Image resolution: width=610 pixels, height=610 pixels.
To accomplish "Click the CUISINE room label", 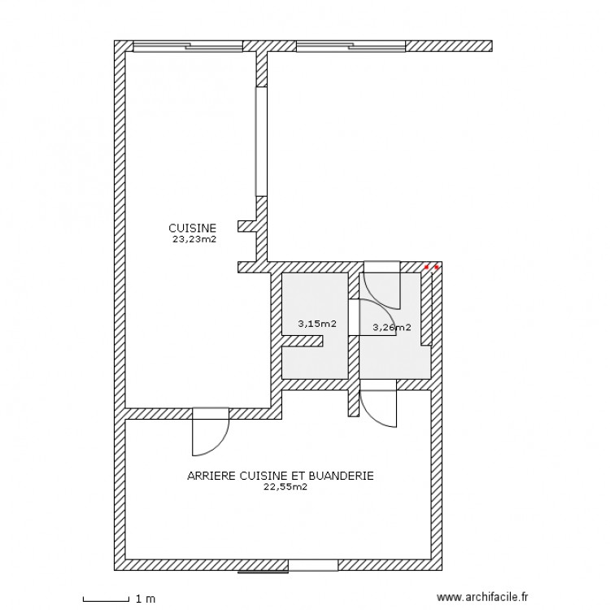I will coord(192,229).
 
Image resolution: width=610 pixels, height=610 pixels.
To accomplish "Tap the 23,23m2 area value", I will coord(194,240).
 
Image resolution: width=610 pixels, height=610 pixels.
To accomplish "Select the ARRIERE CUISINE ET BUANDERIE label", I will coord(280,477).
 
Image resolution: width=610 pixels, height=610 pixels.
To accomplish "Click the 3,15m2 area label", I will coord(317,324).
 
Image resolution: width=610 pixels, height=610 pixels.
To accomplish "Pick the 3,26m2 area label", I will coord(391,328).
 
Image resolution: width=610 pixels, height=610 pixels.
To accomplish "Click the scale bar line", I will coord(107,599).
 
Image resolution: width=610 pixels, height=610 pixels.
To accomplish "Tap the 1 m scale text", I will coord(146,599).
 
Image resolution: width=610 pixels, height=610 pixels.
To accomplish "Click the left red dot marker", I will coord(427,267).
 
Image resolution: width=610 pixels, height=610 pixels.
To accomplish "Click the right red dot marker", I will coord(437,267).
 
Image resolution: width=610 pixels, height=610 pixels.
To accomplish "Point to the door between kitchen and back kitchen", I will coord(210,431).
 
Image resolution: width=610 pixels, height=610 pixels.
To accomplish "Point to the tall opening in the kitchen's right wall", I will coord(261,142).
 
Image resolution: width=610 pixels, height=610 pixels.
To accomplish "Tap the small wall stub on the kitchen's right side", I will coord(246,225).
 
